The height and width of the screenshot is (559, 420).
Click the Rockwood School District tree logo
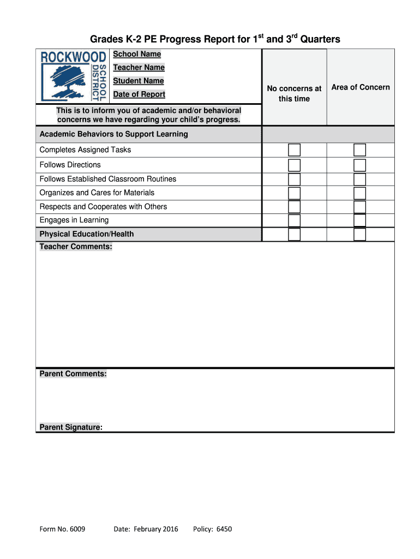[73, 76]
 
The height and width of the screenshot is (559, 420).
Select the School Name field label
[137, 54]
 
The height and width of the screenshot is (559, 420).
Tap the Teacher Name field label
[139, 68]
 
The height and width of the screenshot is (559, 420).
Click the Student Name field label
[138, 81]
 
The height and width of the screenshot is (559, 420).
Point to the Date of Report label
[139, 94]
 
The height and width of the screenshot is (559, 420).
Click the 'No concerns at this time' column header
[294, 93]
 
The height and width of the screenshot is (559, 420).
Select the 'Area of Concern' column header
[361, 87]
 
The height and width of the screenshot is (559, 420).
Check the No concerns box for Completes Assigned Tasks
[294, 150]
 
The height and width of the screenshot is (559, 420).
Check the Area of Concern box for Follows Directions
[359, 165]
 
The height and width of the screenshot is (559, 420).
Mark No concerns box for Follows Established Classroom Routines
[294, 179]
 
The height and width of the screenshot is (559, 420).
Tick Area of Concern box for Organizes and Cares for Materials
[359, 193]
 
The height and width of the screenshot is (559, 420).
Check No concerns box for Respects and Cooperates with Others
[294, 207]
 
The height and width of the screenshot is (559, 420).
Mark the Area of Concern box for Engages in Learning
[359, 221]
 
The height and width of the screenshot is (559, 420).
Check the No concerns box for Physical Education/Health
[294, 234]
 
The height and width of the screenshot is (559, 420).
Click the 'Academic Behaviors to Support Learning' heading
[113, 134]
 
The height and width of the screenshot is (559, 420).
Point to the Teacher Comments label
[76, 247]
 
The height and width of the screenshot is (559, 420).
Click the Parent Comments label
[73, 374]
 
